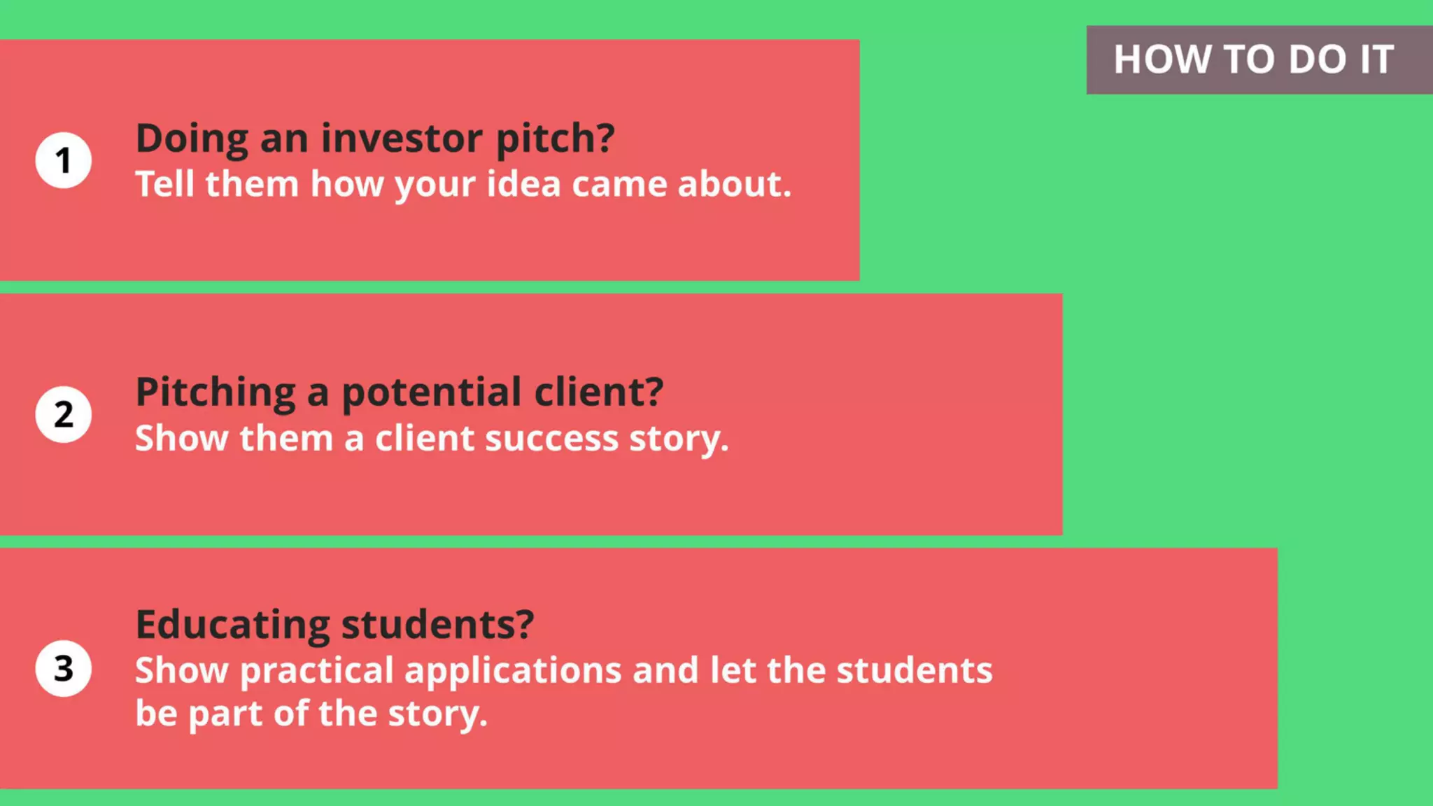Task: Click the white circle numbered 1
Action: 64,160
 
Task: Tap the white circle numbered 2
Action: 64,414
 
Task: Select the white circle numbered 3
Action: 64,668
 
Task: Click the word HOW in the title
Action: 1162,59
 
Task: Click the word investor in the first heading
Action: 402,138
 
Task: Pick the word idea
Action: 523,184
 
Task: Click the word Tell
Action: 164,184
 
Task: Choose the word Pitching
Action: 216,393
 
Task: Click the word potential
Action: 432,393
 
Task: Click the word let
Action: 733,670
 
